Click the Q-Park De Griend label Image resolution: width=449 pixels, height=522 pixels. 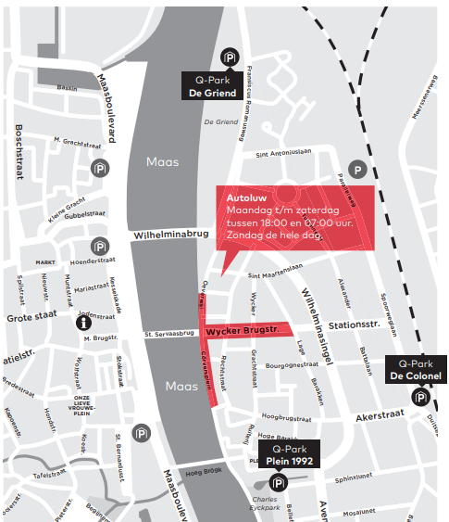coord(214,86)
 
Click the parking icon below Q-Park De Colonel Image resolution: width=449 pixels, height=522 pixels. coord(420,397)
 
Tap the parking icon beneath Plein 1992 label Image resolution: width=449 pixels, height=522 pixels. coord(278,482)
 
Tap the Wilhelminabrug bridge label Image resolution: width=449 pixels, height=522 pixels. coord(164,236)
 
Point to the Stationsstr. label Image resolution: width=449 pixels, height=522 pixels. coord(355,325)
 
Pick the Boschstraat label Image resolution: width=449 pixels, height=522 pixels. coord(19,156)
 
